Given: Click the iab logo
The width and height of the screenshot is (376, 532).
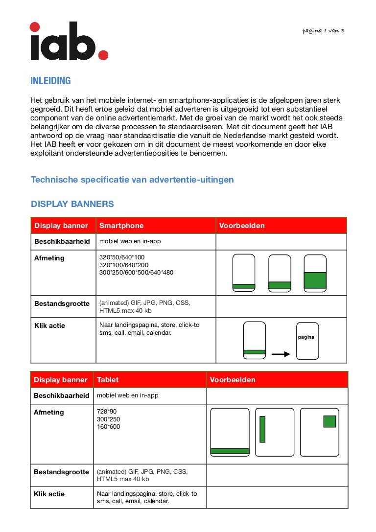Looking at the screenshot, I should click(69, 42).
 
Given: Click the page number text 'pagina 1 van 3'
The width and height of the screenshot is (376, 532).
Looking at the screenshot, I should click(323, 30).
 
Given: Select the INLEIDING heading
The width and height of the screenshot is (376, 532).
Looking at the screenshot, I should click(50, 81).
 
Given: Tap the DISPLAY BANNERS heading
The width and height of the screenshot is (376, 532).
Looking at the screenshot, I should click(72, 204).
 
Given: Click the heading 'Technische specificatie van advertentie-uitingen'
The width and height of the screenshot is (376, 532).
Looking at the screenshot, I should click(132, 180).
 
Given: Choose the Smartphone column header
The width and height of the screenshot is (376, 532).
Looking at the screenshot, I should click(121, 226).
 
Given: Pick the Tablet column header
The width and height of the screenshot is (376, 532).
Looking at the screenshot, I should click(108, 380).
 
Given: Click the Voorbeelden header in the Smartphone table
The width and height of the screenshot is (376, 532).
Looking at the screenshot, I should click(242, 226).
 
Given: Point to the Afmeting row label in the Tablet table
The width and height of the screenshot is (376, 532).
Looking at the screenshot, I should click(48, 412).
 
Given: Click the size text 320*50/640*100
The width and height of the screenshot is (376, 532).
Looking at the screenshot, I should click(122, 257).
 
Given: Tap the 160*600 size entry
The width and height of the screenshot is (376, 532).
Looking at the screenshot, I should click(108, 427).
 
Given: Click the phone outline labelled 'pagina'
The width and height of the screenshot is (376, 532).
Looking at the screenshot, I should click(307, 341).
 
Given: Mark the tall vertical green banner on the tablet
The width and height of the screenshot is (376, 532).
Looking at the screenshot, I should click(262, 429).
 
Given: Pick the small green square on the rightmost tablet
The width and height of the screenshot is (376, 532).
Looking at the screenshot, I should click(329, 421).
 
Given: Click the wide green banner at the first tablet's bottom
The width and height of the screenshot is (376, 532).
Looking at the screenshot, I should click(230, 451).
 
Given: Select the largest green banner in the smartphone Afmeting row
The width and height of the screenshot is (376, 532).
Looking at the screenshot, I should click(315, 280).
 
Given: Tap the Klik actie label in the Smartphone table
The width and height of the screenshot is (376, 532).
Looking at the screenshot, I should click(49, 325).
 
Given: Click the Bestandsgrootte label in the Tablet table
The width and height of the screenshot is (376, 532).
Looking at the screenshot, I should click(61, 472).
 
